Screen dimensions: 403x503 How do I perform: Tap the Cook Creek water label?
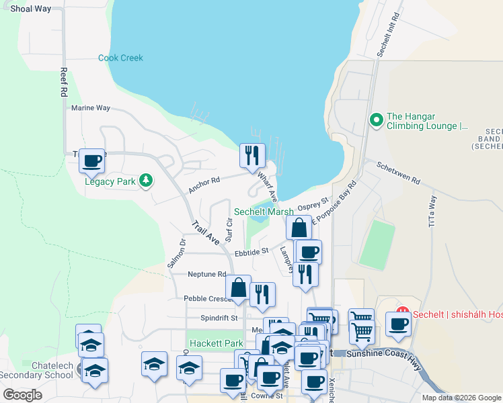pos(121,58)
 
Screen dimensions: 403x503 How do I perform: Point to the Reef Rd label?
pos(65,83)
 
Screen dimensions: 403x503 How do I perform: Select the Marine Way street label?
pos(91,107)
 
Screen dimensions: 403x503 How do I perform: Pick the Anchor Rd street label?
pos(204,185)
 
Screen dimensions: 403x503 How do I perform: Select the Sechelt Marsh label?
pos(264,212)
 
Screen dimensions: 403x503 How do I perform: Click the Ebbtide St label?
pos(251,251)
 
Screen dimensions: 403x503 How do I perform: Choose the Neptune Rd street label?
pos(206,274)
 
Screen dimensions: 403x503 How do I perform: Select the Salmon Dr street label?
pos(176,255)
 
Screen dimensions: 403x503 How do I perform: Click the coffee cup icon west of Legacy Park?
pos(92,161)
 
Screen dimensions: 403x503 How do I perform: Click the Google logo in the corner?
pos(23,395)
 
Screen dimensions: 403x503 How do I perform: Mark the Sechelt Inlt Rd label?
pos(388,34)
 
